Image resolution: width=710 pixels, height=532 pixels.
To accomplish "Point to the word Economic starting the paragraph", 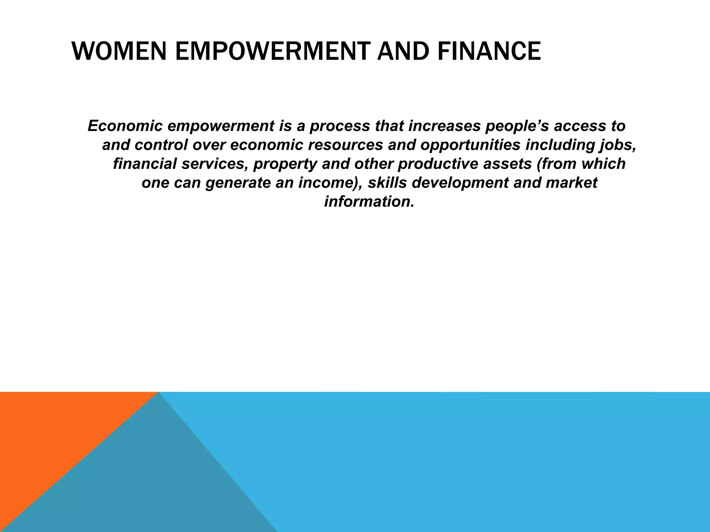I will point(125,126).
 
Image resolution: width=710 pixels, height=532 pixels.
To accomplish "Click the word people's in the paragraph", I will point(517,126).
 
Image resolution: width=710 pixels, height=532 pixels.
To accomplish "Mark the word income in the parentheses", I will point(324,183).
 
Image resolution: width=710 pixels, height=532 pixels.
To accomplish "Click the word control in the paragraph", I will point(161,145).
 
